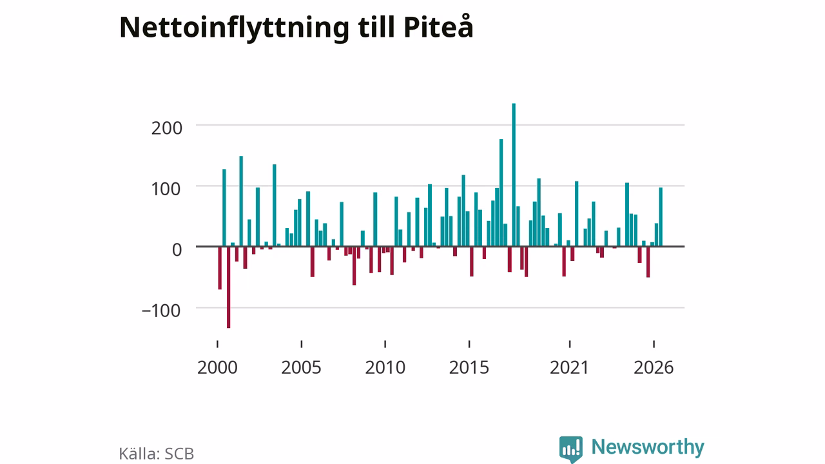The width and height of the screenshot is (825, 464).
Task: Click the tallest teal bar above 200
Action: (514, 175)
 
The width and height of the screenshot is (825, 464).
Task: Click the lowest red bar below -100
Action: (228, 287)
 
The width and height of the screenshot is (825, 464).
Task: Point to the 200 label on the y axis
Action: (167, 128)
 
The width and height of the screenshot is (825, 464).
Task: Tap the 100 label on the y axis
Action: (167, 189)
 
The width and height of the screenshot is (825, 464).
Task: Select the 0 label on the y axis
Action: (177, 250)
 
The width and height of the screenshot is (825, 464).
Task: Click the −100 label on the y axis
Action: (161, 311)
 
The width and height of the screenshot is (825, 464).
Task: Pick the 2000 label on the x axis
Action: (217, 367)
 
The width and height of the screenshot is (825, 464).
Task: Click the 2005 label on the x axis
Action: (301, 367)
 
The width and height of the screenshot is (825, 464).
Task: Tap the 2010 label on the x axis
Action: (385, 367)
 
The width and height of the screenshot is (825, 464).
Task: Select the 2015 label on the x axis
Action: (469, 367)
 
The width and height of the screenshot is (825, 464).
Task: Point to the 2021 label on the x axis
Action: (569, 367)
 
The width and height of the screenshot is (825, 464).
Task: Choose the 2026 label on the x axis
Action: (654, 367)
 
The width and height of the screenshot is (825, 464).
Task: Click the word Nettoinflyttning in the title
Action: (234, 28)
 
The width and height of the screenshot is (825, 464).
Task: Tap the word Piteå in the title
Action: (438, 26)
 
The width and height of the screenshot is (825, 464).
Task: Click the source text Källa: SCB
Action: (156, 454)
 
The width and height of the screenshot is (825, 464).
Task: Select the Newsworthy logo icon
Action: (571, 449)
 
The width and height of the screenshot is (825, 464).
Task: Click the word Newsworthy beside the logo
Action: (648, 447)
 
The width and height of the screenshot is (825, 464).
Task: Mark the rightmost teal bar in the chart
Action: (661, 217)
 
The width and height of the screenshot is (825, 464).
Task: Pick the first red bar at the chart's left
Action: (220, 267)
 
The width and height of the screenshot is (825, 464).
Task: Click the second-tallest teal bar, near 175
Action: (501, 193)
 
